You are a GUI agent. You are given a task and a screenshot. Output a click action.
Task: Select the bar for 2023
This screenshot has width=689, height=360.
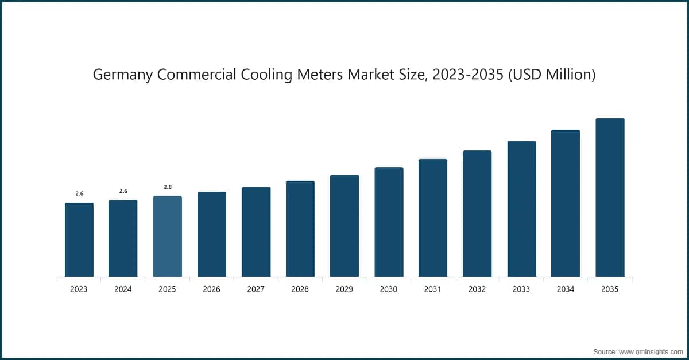tap(79, 240)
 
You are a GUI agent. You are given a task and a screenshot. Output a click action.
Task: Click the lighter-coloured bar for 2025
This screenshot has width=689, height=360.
tap(167, 237)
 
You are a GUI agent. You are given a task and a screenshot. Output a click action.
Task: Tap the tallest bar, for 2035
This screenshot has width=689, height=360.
tap(610, 198)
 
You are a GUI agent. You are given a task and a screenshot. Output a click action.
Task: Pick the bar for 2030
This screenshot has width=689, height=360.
tap(389, 222)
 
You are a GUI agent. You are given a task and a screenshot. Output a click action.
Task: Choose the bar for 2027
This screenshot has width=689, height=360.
tap(256, 232)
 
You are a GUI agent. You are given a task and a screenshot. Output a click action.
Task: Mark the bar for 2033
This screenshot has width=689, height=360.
tap(521, 209)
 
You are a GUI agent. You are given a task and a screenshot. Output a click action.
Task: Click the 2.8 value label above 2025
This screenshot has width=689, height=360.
tap(168, 187)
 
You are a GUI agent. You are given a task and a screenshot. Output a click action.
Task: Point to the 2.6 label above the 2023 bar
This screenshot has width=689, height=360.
tap(79, 193)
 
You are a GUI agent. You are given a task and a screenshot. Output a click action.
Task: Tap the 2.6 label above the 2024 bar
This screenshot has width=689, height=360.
tap(123, 191)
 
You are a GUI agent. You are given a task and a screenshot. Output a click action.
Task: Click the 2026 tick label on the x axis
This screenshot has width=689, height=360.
tap(211, 289)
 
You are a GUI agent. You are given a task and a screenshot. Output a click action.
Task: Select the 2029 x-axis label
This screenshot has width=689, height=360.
tap(344, 289)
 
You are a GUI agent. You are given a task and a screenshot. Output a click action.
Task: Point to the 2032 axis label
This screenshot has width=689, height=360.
tap(477, 289)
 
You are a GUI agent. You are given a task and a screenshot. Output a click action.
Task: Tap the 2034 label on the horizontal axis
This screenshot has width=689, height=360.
tap(566, 289)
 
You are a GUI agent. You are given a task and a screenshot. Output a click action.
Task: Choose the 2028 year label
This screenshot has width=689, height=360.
tap(300, 289)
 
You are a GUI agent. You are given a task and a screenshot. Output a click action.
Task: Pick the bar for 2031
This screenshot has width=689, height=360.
tap(433, 218)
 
